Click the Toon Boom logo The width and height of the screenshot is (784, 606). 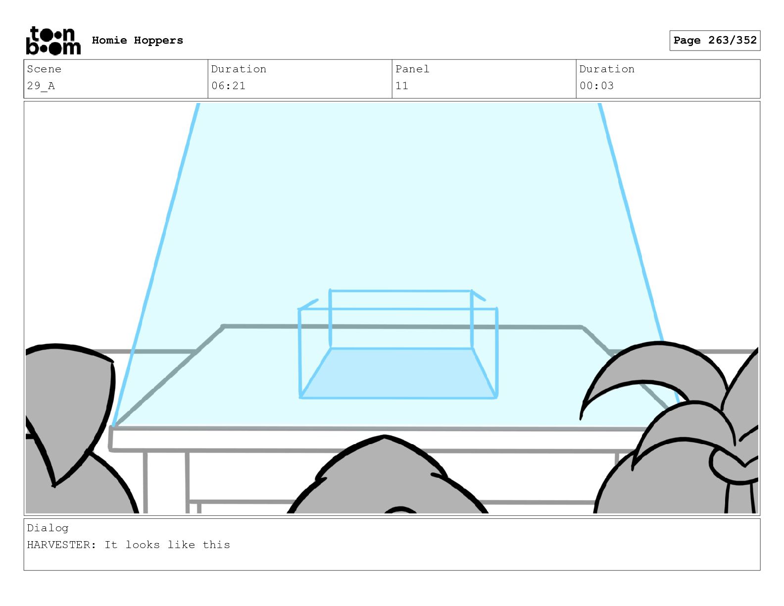point(53,41)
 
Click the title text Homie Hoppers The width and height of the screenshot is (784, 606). point(137,41)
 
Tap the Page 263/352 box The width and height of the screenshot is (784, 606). point(715,41)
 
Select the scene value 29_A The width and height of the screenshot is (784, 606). point(41,86)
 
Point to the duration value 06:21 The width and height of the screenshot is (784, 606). point(228,86)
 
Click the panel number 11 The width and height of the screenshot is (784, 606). point(402,86)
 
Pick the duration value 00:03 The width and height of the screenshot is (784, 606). point(596,86)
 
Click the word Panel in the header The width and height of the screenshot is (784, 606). point(412,69)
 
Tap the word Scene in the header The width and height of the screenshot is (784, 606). point(44,69)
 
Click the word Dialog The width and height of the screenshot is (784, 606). point(48,528)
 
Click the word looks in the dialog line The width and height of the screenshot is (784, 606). point(143,545)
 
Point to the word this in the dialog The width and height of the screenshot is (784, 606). point(216,545)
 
